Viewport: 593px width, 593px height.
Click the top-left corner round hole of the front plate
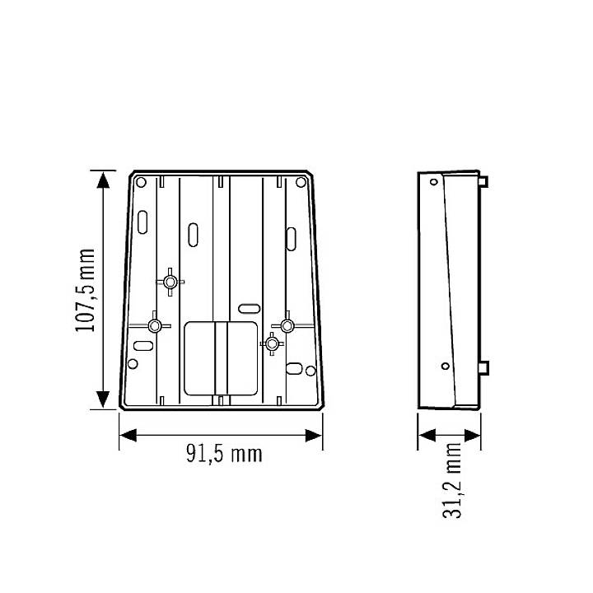[x=140, y=182]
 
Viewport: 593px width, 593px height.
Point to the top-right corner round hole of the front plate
[x=300, y=182]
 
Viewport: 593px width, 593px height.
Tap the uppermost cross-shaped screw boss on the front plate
[x=170, y=282]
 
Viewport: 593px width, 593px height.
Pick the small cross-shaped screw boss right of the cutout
[x=272, y=343]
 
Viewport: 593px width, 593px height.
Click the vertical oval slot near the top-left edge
[x=142, y=222]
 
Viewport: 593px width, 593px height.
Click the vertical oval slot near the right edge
[x=292, y=236]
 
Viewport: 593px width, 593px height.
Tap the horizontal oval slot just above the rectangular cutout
[x=246, y=309]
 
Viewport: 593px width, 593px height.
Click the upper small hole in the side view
[x=432, y=183]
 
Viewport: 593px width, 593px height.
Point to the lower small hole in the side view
[x=445, y=365]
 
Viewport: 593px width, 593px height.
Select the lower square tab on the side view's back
[x=486, y=367]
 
